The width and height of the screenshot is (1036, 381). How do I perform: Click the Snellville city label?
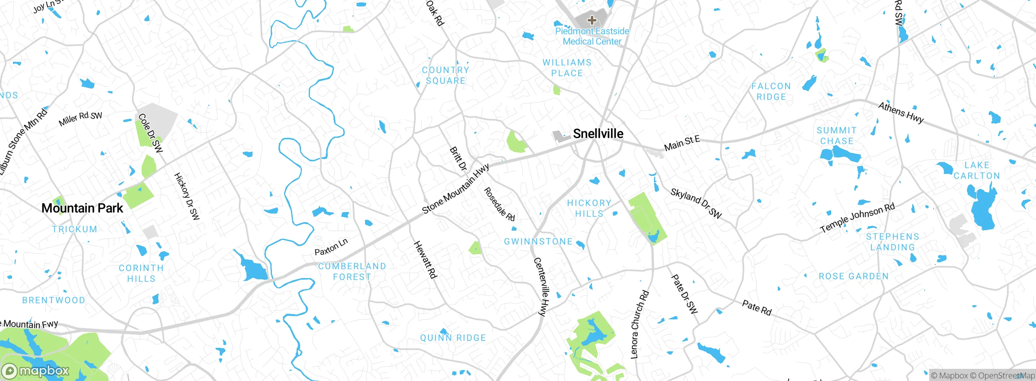pos(598,134)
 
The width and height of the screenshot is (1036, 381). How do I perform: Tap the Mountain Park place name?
pos(82,208)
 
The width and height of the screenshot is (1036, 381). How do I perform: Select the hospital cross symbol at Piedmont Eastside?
pos(592,20)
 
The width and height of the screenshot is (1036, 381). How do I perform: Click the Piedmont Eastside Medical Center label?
pos(592,36)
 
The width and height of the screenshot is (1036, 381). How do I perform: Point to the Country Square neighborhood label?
pos(446,75)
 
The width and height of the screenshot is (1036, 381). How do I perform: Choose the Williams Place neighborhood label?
pos(567,68)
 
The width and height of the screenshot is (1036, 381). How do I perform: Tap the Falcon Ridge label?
pos(771,92)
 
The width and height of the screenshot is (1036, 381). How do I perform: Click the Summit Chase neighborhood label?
pos(836,136)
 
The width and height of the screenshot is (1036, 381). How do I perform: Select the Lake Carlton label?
pos(977,171)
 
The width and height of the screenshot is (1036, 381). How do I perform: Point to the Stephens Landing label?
pos(892,242)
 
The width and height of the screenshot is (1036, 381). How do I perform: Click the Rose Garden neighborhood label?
pos(854,276)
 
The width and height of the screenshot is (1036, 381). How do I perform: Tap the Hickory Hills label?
pos(589,208)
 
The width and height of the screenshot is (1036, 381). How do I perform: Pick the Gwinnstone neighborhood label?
pos(538,242)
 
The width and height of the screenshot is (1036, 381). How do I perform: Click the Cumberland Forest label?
pos(352,272)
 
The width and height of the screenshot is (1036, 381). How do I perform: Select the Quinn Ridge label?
pos(453,338)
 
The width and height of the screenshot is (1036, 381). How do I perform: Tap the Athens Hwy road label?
pos(901,113)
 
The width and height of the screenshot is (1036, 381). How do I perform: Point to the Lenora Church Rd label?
pos(639,324)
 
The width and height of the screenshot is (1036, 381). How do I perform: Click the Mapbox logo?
pos(36,371)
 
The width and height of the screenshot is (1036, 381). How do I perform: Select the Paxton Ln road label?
pos(331,247)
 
